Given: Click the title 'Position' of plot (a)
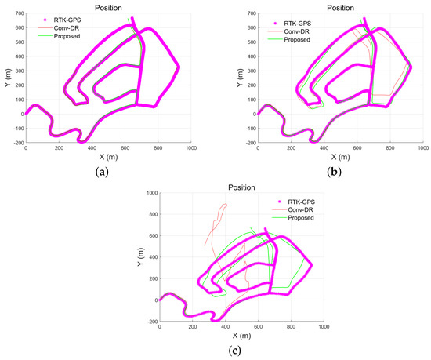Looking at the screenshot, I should point(108,7).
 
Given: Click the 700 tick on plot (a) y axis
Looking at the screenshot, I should point(17,15).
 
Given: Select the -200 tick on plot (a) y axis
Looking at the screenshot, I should point(16,143).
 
